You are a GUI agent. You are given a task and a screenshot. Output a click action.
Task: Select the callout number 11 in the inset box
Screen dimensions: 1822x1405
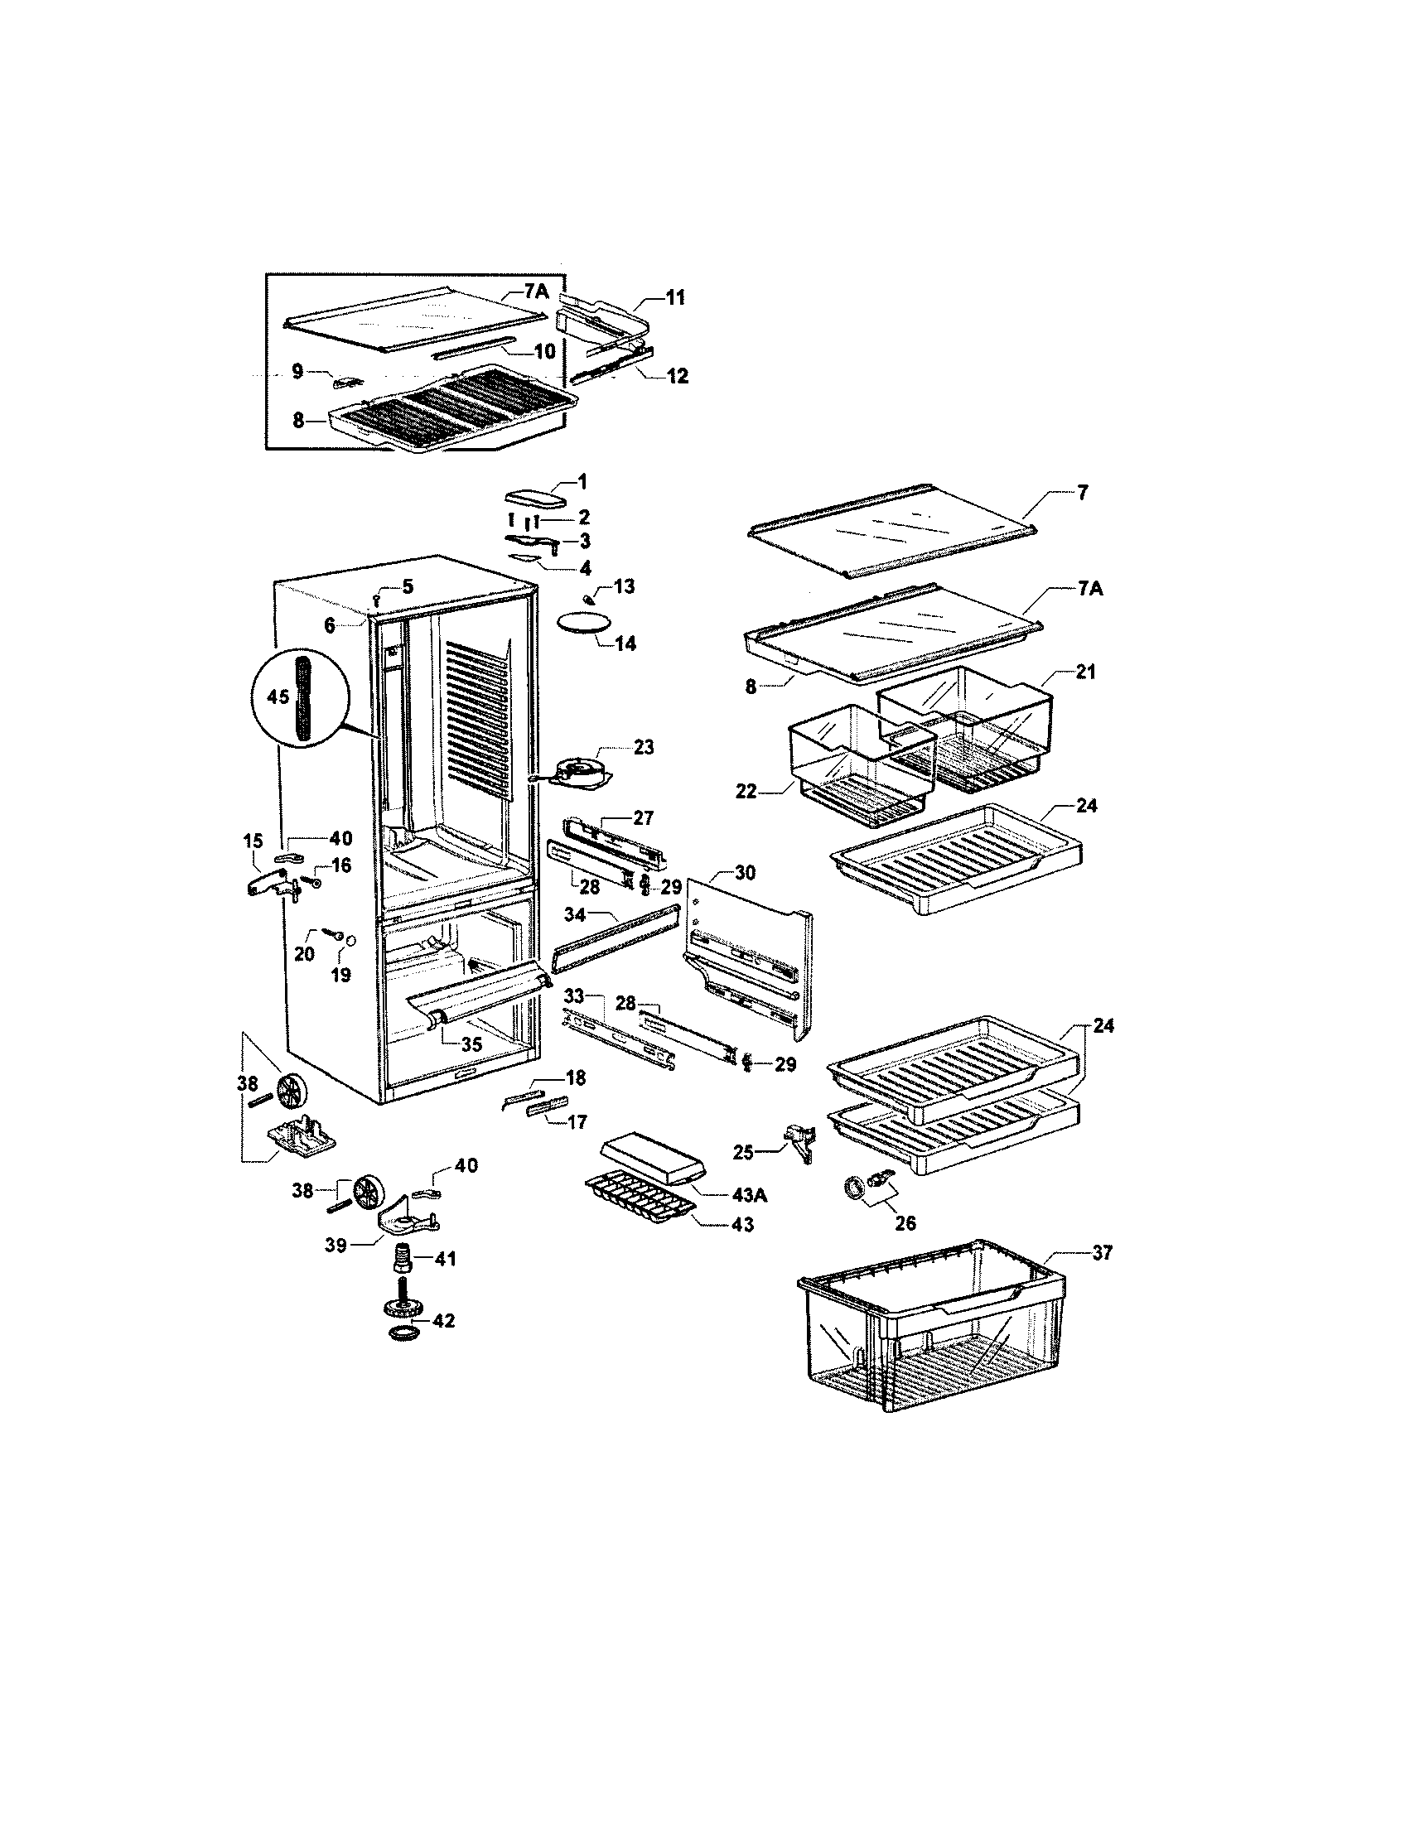pos(675,297)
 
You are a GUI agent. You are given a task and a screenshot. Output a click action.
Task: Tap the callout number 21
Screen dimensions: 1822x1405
pos(1085,672)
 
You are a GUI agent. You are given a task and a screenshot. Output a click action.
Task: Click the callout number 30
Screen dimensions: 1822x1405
pos(744,873)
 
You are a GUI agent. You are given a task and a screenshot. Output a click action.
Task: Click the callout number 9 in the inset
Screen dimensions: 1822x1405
pos(298,372)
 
